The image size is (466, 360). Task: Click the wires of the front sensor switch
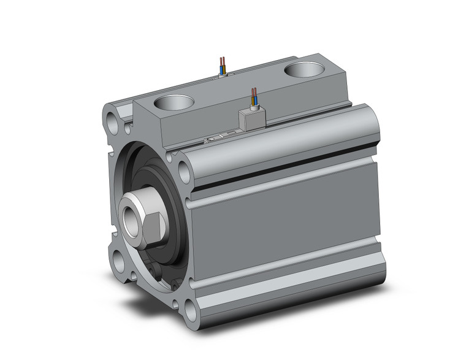[254, 98]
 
